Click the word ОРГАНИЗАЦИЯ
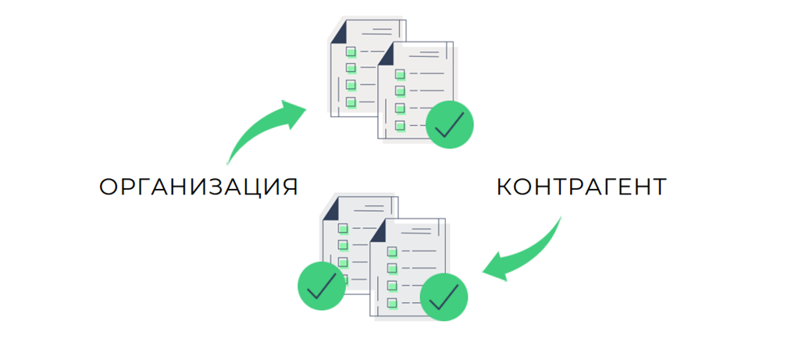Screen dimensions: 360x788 198,187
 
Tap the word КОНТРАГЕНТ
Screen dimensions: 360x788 581,187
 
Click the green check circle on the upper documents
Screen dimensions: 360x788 450,124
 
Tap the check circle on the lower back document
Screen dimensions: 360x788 321,287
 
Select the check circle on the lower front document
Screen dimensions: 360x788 444,296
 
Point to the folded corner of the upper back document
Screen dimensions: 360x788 340,32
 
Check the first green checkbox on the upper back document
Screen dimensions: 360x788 351,52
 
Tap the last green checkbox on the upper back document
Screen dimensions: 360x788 351,102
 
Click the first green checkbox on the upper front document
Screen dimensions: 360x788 400,74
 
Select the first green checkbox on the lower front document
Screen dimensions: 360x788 392,251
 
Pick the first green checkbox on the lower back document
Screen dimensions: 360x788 343,228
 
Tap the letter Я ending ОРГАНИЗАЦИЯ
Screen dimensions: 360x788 289,187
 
